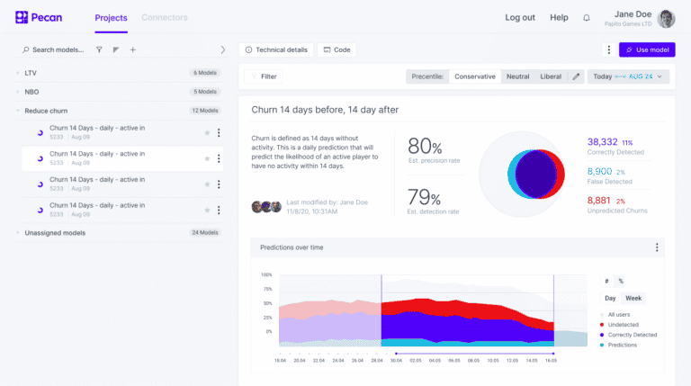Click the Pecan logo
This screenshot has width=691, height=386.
[x=39, y=17]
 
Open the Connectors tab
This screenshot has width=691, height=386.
[x=165, y=17]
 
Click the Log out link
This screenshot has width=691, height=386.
[x=520, y=17]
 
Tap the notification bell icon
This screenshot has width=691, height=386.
[x=587, y=17]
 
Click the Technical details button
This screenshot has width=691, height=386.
[x=276, y=49]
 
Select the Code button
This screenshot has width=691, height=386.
[x=337, y=49]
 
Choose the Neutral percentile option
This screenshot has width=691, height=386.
[x=517, y=76]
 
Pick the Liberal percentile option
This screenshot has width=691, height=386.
[x=551, y=76]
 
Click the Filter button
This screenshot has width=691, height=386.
[x=263, y=76]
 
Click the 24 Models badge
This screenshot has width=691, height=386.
[x=205, y=232]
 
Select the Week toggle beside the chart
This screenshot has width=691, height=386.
[x=633, y=298]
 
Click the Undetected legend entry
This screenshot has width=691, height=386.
[x=624, y=324]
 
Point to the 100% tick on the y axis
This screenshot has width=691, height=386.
[x=266, y=274]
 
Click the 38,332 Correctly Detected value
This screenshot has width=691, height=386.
[x=602, y=142]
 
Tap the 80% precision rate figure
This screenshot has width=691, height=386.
[x=425, y=147]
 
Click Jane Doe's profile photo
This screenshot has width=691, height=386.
[x=667, y=18]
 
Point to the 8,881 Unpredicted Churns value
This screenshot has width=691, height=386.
[x=598, y=200]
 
